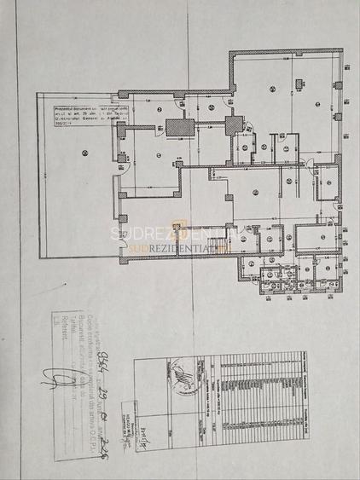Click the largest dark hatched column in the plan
coord(177,128)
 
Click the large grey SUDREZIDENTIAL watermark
coord(180,233)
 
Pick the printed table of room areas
coord(256,392)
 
